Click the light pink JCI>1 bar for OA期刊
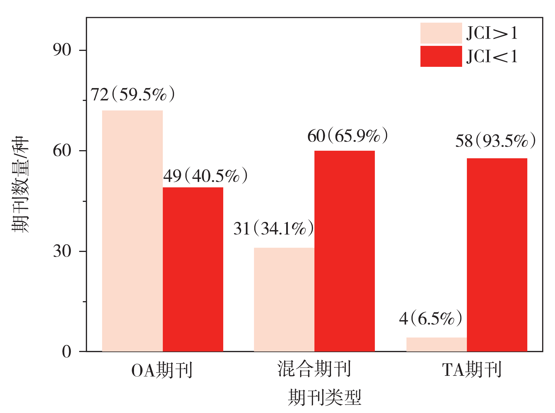pos(132,231)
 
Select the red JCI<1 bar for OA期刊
pos(193,269)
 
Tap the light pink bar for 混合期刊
pos(284,299)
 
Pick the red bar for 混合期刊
pos(345,251)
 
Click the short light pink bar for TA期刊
pos(436,344)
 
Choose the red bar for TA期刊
pos(497,254)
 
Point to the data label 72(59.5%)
pos(133,94)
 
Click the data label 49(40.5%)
pos(205,176)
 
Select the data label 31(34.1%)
pos(273,228)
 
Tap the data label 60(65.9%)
pos(347,136)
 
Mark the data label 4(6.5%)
pos(431,318)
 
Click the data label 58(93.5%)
pos(495,141)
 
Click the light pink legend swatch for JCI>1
pos(441,33)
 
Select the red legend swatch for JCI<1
pos(441,56)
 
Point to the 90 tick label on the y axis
pos(62,50)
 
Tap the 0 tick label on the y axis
pos(67,351)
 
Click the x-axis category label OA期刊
pos(162,370)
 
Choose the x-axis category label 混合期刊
pos(314,369)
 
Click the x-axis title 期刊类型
pos(324,397)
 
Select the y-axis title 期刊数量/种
pos(20,185)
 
